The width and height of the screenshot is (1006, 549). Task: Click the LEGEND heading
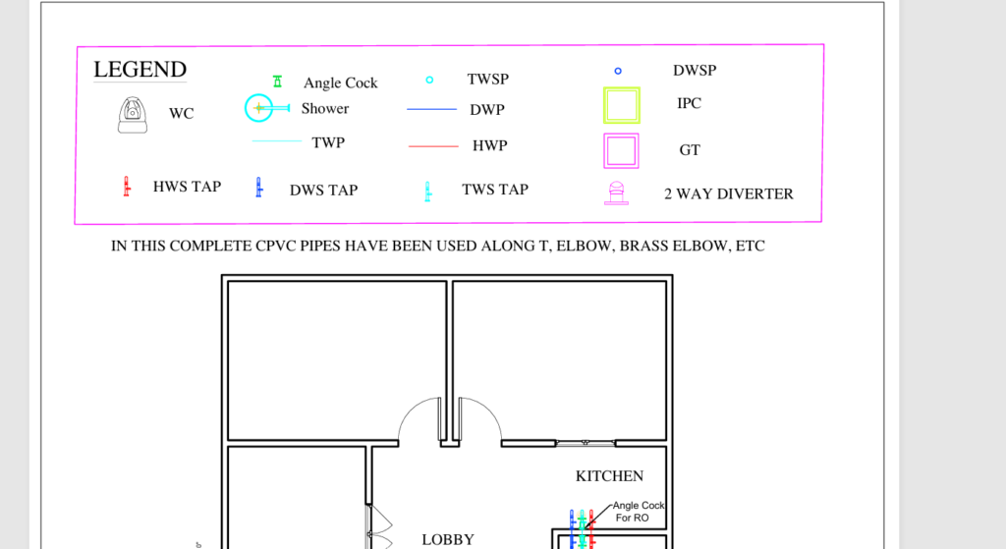[x=140, y=70]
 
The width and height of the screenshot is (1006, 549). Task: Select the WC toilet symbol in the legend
[x=133, y=115]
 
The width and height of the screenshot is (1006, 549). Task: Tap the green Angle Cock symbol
[x=277, y=82]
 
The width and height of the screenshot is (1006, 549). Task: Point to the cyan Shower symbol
[x=259, y=108]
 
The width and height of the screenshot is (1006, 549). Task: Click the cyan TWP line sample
[x=277, y=140]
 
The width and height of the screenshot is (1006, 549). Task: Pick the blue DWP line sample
[x=432, y=110]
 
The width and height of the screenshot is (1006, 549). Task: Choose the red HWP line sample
[x=433, y=146]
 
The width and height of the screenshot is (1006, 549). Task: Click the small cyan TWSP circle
[x=430, y=81]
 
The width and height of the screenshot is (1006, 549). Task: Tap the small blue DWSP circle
[x=618, y=71]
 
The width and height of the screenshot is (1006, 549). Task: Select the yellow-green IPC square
[x=604, y=105]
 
